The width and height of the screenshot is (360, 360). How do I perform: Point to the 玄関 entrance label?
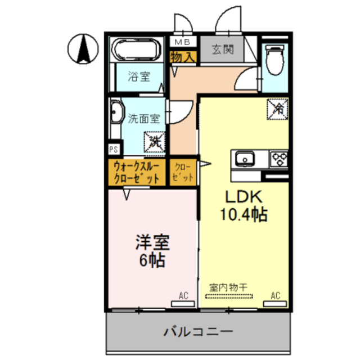pyautogui.click(x=223, y=49)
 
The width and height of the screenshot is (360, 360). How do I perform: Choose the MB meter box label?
pyautogui.click(x=182, y=42)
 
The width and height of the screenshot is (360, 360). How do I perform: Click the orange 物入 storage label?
pyautogui.click(x=182, y=56)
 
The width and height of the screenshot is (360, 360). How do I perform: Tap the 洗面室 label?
pyautogui.click(x=143, y=119)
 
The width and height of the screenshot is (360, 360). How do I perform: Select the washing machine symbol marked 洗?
pyautogui.click(x=154, y=141)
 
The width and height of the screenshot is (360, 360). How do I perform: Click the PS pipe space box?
pyautogui.click(x=114, y=149)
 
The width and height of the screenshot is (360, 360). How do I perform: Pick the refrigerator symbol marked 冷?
pyautogui.click(x=277, y=108)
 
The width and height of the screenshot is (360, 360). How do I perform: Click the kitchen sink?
pyautogui.click(x=246, y=159)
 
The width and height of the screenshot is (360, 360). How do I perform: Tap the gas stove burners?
pyautogui.click(x=279, y=159)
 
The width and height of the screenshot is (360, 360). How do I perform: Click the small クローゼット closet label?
pyautogui.click(x=184, y=172)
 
